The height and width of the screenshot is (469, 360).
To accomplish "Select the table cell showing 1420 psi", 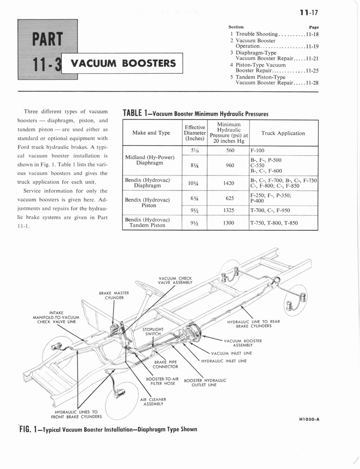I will coord(229,183).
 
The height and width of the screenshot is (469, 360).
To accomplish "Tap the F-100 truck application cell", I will coord(257,150).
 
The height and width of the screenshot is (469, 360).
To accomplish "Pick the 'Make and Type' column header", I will coord(151,133).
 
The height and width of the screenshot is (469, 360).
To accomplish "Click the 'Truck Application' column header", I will coord(283,133).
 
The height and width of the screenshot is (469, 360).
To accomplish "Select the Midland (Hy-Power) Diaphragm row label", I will coord(150,160).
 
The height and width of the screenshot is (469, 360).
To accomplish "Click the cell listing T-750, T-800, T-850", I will coord(274,223).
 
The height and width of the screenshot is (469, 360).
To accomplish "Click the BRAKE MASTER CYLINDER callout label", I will coord(114,295).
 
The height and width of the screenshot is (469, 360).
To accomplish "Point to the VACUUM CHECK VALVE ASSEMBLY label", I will coord(175,280).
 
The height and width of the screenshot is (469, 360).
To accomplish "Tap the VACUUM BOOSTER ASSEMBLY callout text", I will coord(243,343).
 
